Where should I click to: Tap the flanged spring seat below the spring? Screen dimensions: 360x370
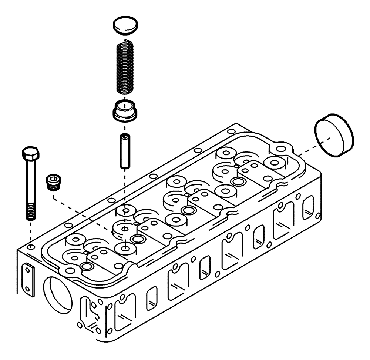125,111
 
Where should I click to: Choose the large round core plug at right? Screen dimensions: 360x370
335,136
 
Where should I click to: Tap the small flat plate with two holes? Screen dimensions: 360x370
28,279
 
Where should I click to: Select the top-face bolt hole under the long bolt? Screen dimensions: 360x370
31,246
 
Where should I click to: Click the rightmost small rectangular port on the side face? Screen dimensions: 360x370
308,208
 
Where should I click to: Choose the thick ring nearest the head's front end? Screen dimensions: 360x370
87,267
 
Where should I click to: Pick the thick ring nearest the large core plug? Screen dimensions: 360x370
237,181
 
